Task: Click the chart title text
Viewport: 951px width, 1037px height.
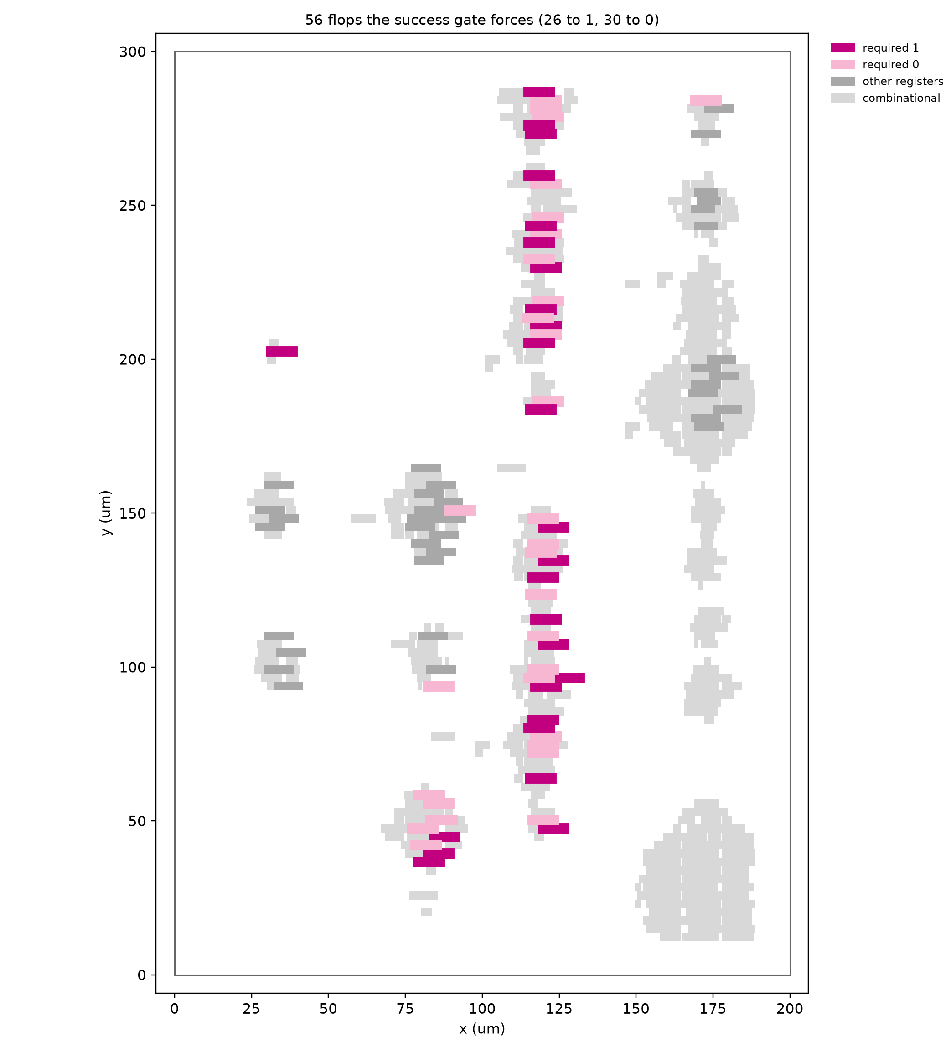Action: click(x=482, y=20)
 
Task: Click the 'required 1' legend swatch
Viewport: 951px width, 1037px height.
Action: click(x=842, y=48)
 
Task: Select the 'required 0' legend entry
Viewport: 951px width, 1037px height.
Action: click(x=874, y=65)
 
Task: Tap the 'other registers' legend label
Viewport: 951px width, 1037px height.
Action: click(x=903, y=81)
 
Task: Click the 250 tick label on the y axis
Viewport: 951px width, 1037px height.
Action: click(x=132, y=205)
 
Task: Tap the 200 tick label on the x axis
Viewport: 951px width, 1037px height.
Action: click(x=790, y=1009)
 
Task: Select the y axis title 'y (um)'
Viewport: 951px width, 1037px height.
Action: click(x=106, y=513)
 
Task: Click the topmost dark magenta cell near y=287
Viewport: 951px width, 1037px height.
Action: click(x=539, y=92)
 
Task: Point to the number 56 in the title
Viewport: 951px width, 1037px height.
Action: click(x=312, y=20)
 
